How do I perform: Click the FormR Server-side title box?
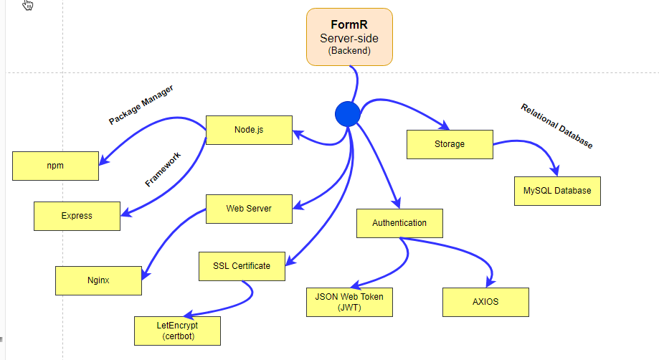tap(349, 37)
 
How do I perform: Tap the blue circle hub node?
tap(347, 113)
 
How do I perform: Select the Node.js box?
tap(249, 130)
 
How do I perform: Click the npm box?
tap(55, 166)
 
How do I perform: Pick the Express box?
tap(77, 216)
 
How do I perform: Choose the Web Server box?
tap(249, 209)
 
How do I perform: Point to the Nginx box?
tap(98, 280)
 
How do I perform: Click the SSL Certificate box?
tap(242, 266)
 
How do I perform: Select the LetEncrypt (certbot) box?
tap(177, 331)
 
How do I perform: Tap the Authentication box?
tap(399, 223)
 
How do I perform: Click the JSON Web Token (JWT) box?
tap(349, 302)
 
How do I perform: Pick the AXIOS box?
tap(485, 302)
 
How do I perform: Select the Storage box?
tap(450, 144)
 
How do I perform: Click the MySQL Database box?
tap(557, 191)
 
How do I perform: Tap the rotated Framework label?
tap(163, 169)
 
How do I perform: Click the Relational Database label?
tap(557, 126)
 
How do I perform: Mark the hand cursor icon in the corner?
tap(28, 6)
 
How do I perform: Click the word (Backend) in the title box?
tap(349, 51)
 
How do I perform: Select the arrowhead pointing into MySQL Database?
tap(554, 170)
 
